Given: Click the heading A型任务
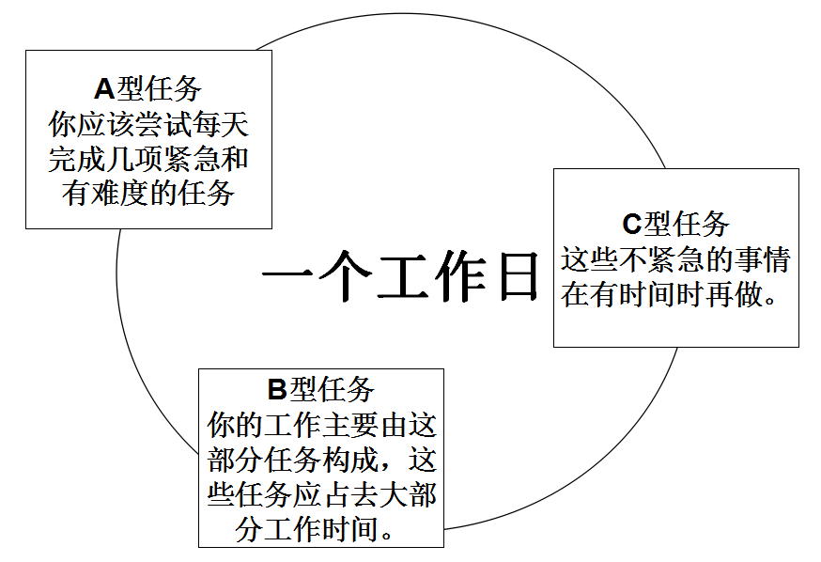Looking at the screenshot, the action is (x=148, y=89).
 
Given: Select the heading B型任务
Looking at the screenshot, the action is (x=321, y=389).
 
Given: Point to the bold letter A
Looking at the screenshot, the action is (x=104, y=89).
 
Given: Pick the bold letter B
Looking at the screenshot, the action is (x=277, y=389).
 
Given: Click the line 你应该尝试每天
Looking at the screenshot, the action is (x=148, y=125).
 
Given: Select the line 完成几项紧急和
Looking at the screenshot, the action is (x=148, y=159).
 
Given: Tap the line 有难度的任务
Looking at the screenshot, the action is (x=148, y=194).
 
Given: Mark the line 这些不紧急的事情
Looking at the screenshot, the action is (x=675, y=259).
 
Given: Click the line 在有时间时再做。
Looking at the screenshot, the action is (x=670, y=294).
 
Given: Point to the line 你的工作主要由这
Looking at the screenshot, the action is (x=321, y=425).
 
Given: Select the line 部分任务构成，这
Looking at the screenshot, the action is (x=321, y=460).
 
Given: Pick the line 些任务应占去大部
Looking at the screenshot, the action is (x=321, y=494).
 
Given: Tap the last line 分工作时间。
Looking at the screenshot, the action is (x=316, y=529).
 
